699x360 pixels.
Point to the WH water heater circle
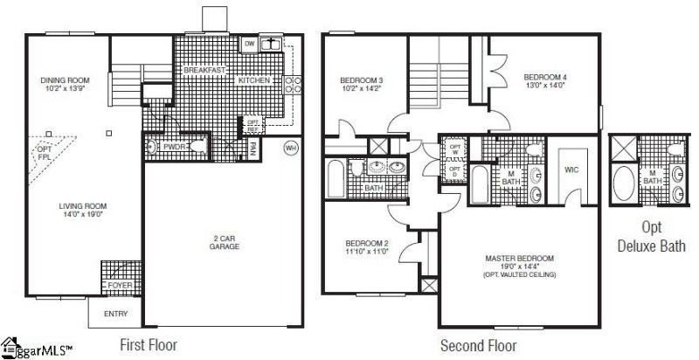[291, 149]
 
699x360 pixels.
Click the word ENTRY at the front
[115, 314]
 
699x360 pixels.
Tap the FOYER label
[116, 286]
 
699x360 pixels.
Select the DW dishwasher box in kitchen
[249, 43]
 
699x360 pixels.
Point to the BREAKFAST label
[206, 68]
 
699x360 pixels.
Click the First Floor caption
[148, 345]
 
